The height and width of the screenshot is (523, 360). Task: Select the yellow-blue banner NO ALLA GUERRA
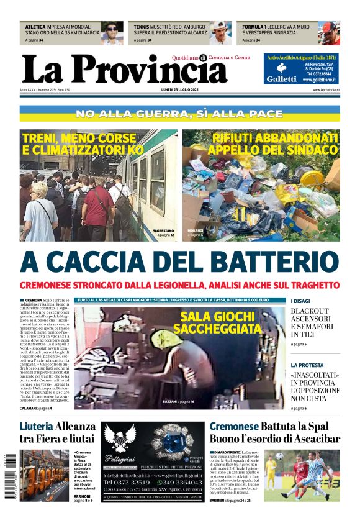[x=179, y=114]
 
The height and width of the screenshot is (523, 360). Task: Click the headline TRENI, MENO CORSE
[x=79, y=143]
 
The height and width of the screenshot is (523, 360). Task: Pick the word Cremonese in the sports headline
[x=233, y=426]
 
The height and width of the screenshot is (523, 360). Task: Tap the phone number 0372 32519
[x=127, y=482]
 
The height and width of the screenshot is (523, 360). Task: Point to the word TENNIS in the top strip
[x=141, y=27]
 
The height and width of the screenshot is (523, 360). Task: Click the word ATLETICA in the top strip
[x=35, y=27]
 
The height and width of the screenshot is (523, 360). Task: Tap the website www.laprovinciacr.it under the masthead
[x=326, y=91]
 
